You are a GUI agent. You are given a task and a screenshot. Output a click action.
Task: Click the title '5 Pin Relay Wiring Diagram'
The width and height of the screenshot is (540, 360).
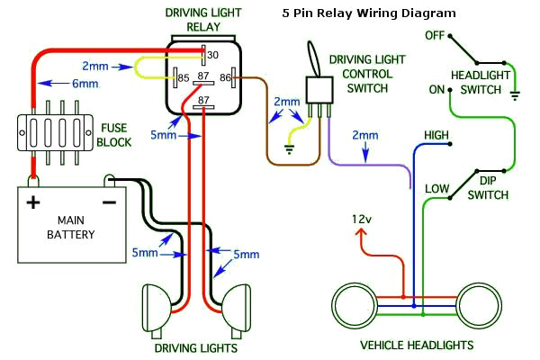(x=368, y=14)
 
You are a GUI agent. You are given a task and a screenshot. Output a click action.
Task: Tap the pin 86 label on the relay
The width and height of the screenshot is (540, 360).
(x=226, y=78)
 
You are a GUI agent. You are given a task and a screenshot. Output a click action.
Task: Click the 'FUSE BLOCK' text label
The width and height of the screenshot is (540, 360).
(x=114, y=136)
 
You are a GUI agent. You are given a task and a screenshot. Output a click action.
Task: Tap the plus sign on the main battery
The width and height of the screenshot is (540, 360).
(x=33, y=202)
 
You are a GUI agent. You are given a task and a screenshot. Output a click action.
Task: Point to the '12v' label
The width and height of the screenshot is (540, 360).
(x=362, y=220)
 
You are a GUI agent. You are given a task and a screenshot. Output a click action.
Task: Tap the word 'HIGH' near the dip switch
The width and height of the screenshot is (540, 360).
(x=436, y=135)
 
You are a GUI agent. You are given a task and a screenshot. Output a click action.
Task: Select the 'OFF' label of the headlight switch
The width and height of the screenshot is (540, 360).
(x=436, y=35)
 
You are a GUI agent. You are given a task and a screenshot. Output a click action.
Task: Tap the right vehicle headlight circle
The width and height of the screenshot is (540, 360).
(x=481, y=308)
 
